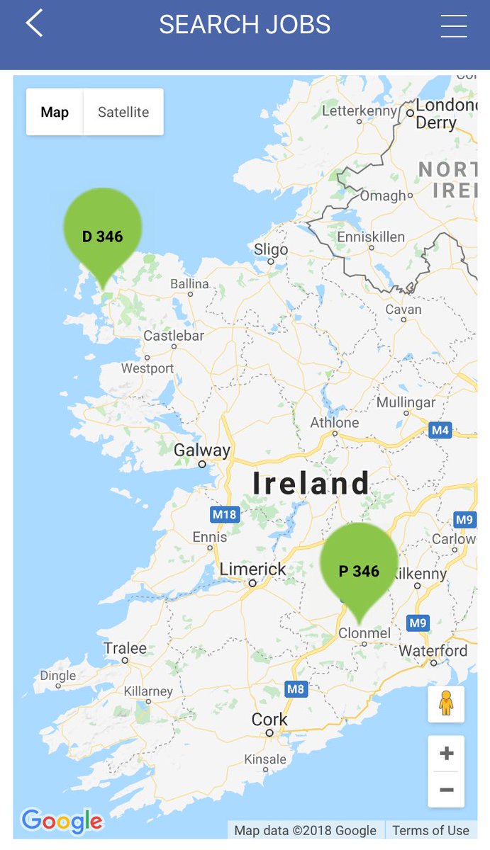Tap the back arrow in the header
point(34,23)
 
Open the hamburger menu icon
point(454,25)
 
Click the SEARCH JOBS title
point(245,25)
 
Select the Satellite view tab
point(123,112)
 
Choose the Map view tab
point(55,112)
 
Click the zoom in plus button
point(446,754)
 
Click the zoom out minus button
point(446,789)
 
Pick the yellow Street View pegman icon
point(446,703)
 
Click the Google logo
point(62,821)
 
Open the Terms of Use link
point(430,830)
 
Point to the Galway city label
point(202,450)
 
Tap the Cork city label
point(269,720)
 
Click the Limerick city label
point(252,569)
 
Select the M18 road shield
point(224,514)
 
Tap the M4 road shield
point(440,430)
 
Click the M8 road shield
point(296,688)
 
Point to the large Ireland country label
point(311,484)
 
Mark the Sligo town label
point(271,249)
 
